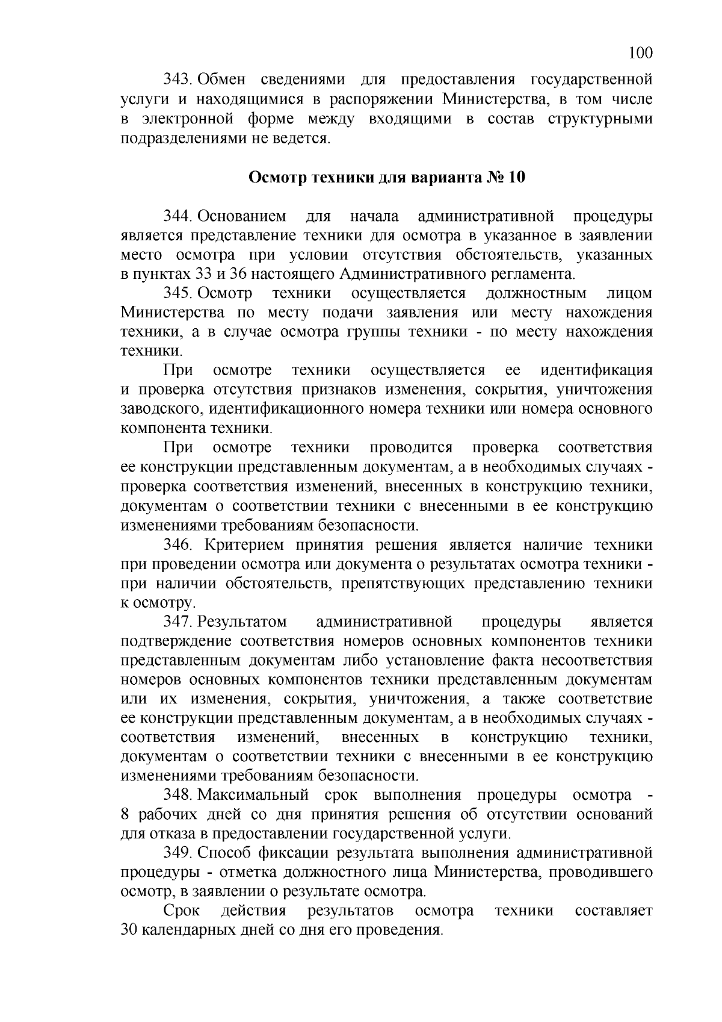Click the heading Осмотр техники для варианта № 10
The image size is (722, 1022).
[x=387, y=178]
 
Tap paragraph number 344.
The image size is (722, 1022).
[x=178, y=216]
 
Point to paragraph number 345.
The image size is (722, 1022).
[x=178, y=293]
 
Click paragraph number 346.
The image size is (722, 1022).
[x=178, y=545]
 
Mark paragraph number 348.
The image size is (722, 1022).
[x=178, y=795]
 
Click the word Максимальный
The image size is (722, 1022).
[x=253, y=795]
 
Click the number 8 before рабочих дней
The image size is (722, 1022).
[x=125, y=815]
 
